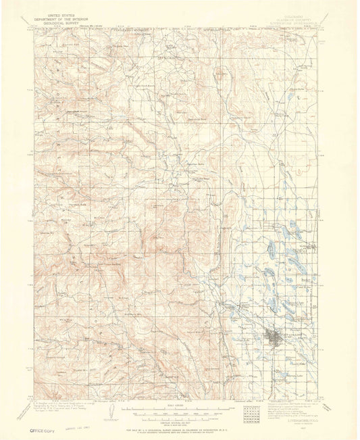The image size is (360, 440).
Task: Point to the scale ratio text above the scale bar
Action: click(180, 404)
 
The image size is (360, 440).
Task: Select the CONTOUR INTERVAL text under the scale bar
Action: click(180, 416)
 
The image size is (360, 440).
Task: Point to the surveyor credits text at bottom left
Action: click(61, 402)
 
